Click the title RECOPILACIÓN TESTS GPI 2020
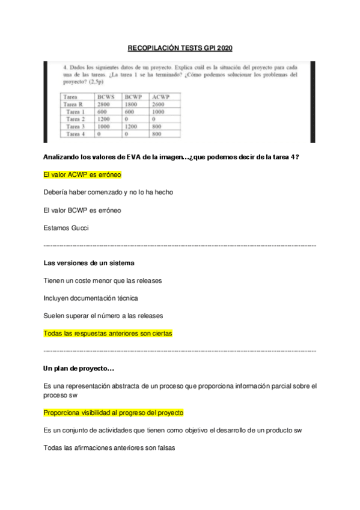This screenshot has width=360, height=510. (x=180, y=49)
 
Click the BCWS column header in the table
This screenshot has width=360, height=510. (x=106, y=96)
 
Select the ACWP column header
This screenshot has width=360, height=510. (x=161, y=96)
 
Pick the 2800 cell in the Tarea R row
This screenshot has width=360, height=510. (x=103, y=104)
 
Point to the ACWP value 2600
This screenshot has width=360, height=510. (x=160, y=104)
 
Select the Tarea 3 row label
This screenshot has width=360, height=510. (x=75, y=127)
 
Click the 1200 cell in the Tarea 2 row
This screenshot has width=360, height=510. (x=103, y=119)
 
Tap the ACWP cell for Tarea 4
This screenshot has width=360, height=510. (x=157, y=134)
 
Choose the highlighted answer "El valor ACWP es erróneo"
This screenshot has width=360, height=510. (x=82, y=175)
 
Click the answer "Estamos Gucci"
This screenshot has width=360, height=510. (x=66, y=228)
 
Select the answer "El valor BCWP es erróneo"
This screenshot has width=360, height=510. (x=82, y=210)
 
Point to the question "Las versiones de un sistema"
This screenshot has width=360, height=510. (x=89, y=263)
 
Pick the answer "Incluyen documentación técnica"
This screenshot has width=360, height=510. (x=91, y=298)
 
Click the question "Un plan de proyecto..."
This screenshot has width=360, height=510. (x=79, y=368)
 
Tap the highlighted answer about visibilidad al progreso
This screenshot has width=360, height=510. (x=114, y=413)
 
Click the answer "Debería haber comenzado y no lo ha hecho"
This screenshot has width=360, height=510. (x=103, y=192)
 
